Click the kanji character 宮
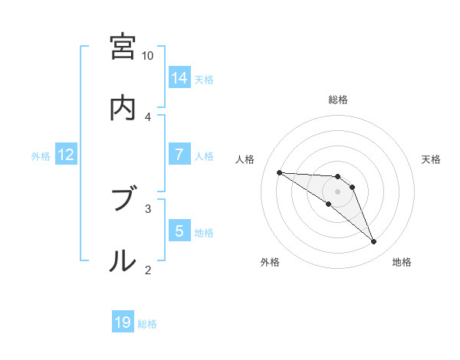(x=122, y=47)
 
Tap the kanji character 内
(x=122, y=108)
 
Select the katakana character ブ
(x=122, y=200)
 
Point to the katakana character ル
(x=122, y=261)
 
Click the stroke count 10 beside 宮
(x=148, y=56)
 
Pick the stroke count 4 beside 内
(x=148, y=116)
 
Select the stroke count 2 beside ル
(x=148, y=270)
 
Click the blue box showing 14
(x=179, y=78)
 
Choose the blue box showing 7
(x=179, y=155)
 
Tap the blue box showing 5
(x=179, y=231)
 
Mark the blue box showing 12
(x=66, y=155)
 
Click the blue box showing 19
(x=123, y=323)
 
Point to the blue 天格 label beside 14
(x=204, y=79)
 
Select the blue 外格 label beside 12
(x=41, y=155)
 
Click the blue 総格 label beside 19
(x=147, y=324)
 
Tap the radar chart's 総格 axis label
(x=338, y=100)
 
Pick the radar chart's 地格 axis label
(x=402, y=262)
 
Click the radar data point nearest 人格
(x=279, y=172)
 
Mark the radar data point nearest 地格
(x=374, y=242)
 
